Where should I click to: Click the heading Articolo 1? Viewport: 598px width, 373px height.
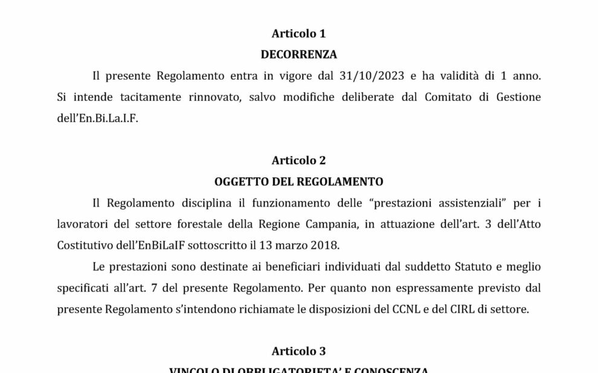click(298, 34)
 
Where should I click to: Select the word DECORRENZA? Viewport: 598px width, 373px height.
click(298, 54)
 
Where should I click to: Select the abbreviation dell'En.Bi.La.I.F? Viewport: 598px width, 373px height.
click(97, 118)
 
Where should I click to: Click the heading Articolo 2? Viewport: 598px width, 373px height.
click(298, 161)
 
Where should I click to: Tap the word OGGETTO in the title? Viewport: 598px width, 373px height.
click(240, 181)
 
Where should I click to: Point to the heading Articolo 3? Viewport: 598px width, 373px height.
click(298, 351)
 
